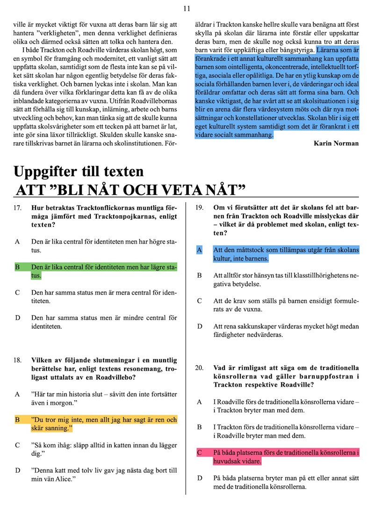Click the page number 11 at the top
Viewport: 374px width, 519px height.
pos(187,8)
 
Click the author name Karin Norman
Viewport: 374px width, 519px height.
pos(336,144)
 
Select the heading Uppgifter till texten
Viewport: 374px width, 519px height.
pos(79,172)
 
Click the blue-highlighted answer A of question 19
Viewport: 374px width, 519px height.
pos(286,254)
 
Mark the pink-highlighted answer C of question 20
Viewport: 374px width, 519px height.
pos(286,457)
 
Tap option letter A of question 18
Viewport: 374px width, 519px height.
pos(17,394)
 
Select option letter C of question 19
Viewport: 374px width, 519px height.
pos(199,301)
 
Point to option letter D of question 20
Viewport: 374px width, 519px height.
pos(199,478)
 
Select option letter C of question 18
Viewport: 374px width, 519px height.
pos(17,445)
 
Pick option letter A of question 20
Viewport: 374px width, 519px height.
pos(199,402)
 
